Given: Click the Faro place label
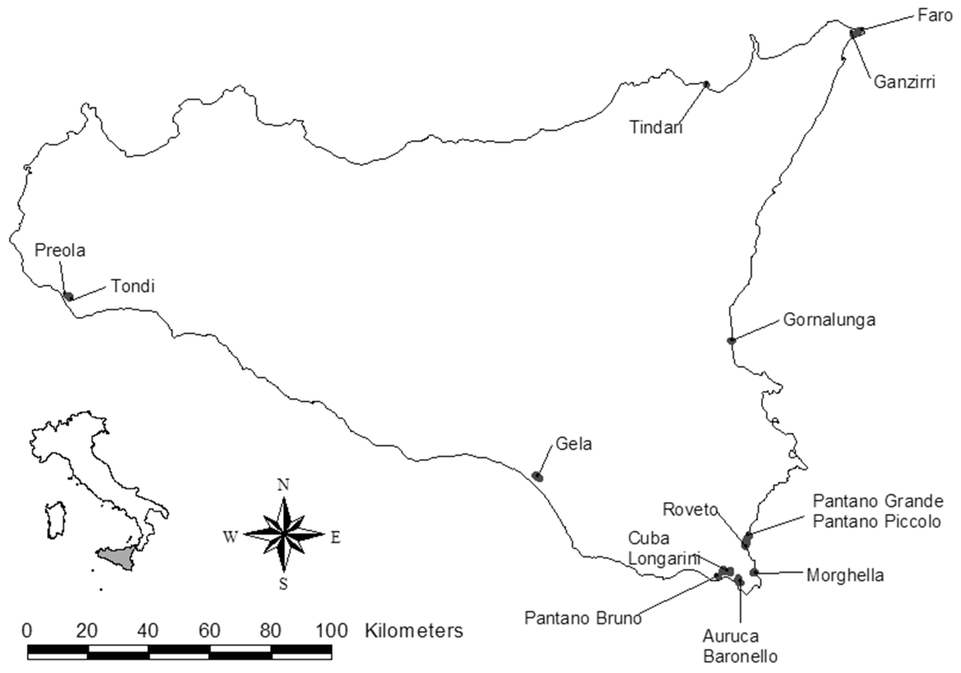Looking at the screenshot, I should tap(935, 16).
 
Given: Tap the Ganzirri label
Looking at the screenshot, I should tap(904, 82).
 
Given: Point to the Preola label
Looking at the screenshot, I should tap(60, 250).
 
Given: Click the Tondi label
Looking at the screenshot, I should tap(133, 287).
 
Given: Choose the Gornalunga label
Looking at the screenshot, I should tap(829, 320).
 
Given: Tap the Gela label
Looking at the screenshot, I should tap(573, 444).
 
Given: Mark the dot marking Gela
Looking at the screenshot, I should tap(537, 476).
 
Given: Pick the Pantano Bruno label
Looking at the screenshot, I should tap(583, 618).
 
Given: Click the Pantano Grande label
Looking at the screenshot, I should tap(878, 501).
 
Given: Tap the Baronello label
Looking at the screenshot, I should tap(740, 656).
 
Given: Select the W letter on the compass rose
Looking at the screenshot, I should tap(231, 537).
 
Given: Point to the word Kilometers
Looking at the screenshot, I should tap(414, 631).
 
